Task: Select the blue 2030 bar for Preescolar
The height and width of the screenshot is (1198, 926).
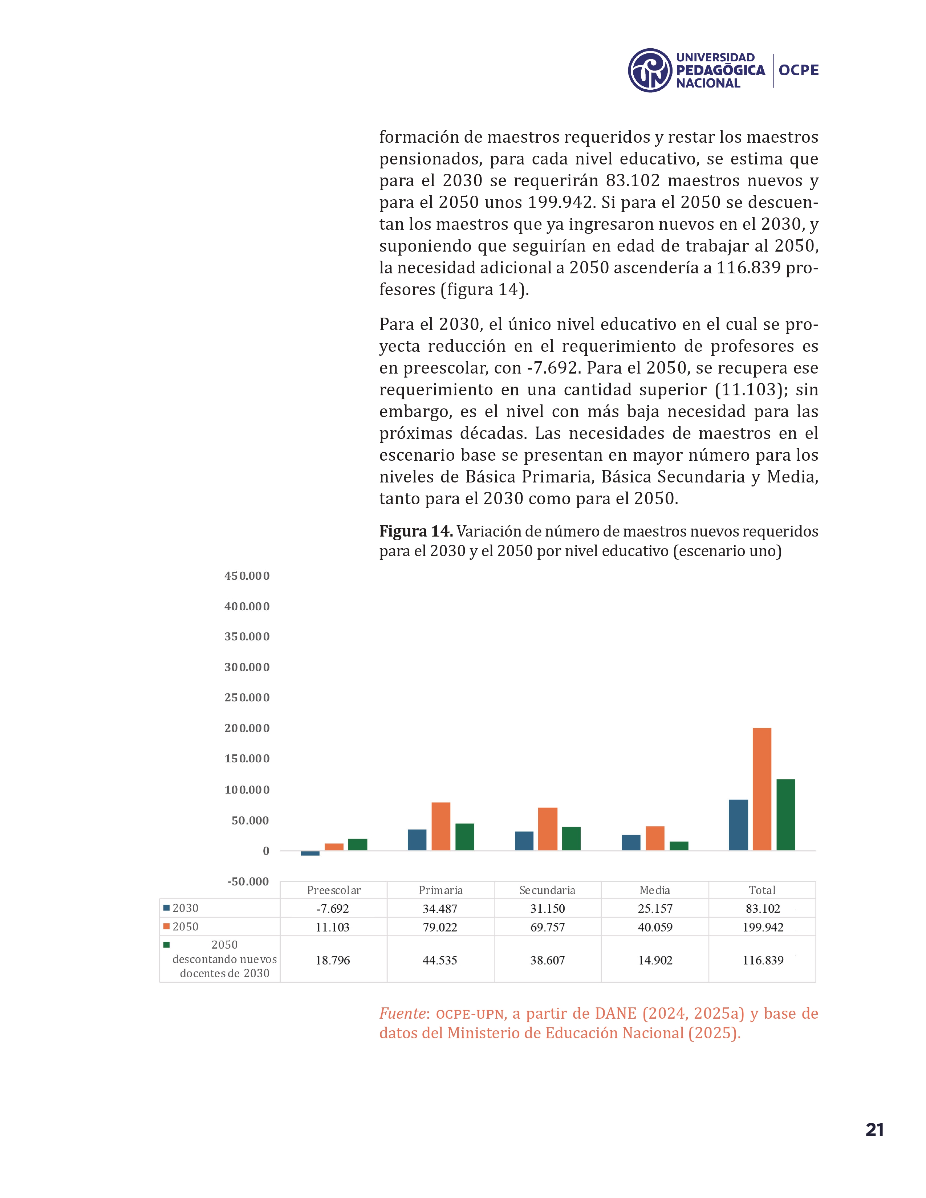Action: pos(310,853)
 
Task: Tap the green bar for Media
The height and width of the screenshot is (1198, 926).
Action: pos(679,846)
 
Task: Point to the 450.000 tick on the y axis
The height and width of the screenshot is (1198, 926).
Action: pos(247,576)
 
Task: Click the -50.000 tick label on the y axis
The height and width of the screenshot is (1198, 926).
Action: pos(248,881)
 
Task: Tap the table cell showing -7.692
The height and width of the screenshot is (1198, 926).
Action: pos(332,908)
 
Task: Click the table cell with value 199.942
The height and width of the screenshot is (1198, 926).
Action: pos(763,927)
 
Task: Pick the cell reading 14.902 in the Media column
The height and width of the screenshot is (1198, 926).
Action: pos(655,960)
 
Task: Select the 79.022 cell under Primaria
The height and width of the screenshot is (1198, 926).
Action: pos(440,927)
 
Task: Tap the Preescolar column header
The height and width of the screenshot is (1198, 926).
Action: pos(333,890)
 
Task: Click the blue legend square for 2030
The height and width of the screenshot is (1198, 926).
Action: pos(166,908)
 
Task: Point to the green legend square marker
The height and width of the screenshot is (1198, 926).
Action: pos(166,945)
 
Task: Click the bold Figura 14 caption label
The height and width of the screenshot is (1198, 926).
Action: pos(416,531)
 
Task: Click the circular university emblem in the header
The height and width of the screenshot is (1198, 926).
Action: pos(650,70)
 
